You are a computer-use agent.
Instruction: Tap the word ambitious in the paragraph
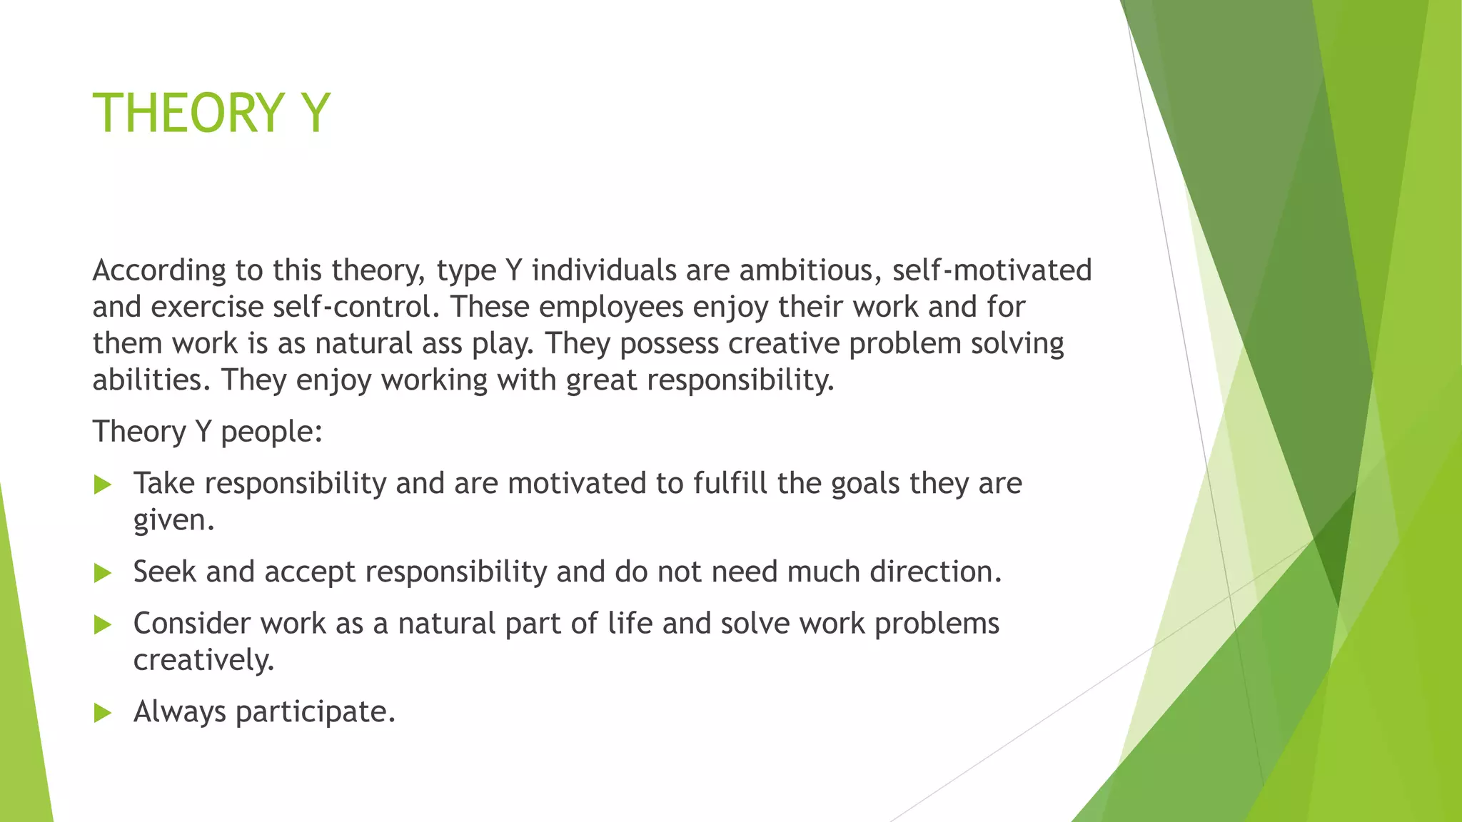(x=810, y=270)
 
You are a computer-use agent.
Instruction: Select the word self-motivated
(x=992, y=270)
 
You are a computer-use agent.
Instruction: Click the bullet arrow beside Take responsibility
(x=103, y=485)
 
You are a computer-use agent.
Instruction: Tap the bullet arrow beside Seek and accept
(x=103, y=573)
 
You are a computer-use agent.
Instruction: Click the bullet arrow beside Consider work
(x=103, y=625)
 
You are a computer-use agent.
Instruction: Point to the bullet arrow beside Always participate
(x=103, y=713)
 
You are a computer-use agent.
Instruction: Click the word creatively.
(x=203, y=660)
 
